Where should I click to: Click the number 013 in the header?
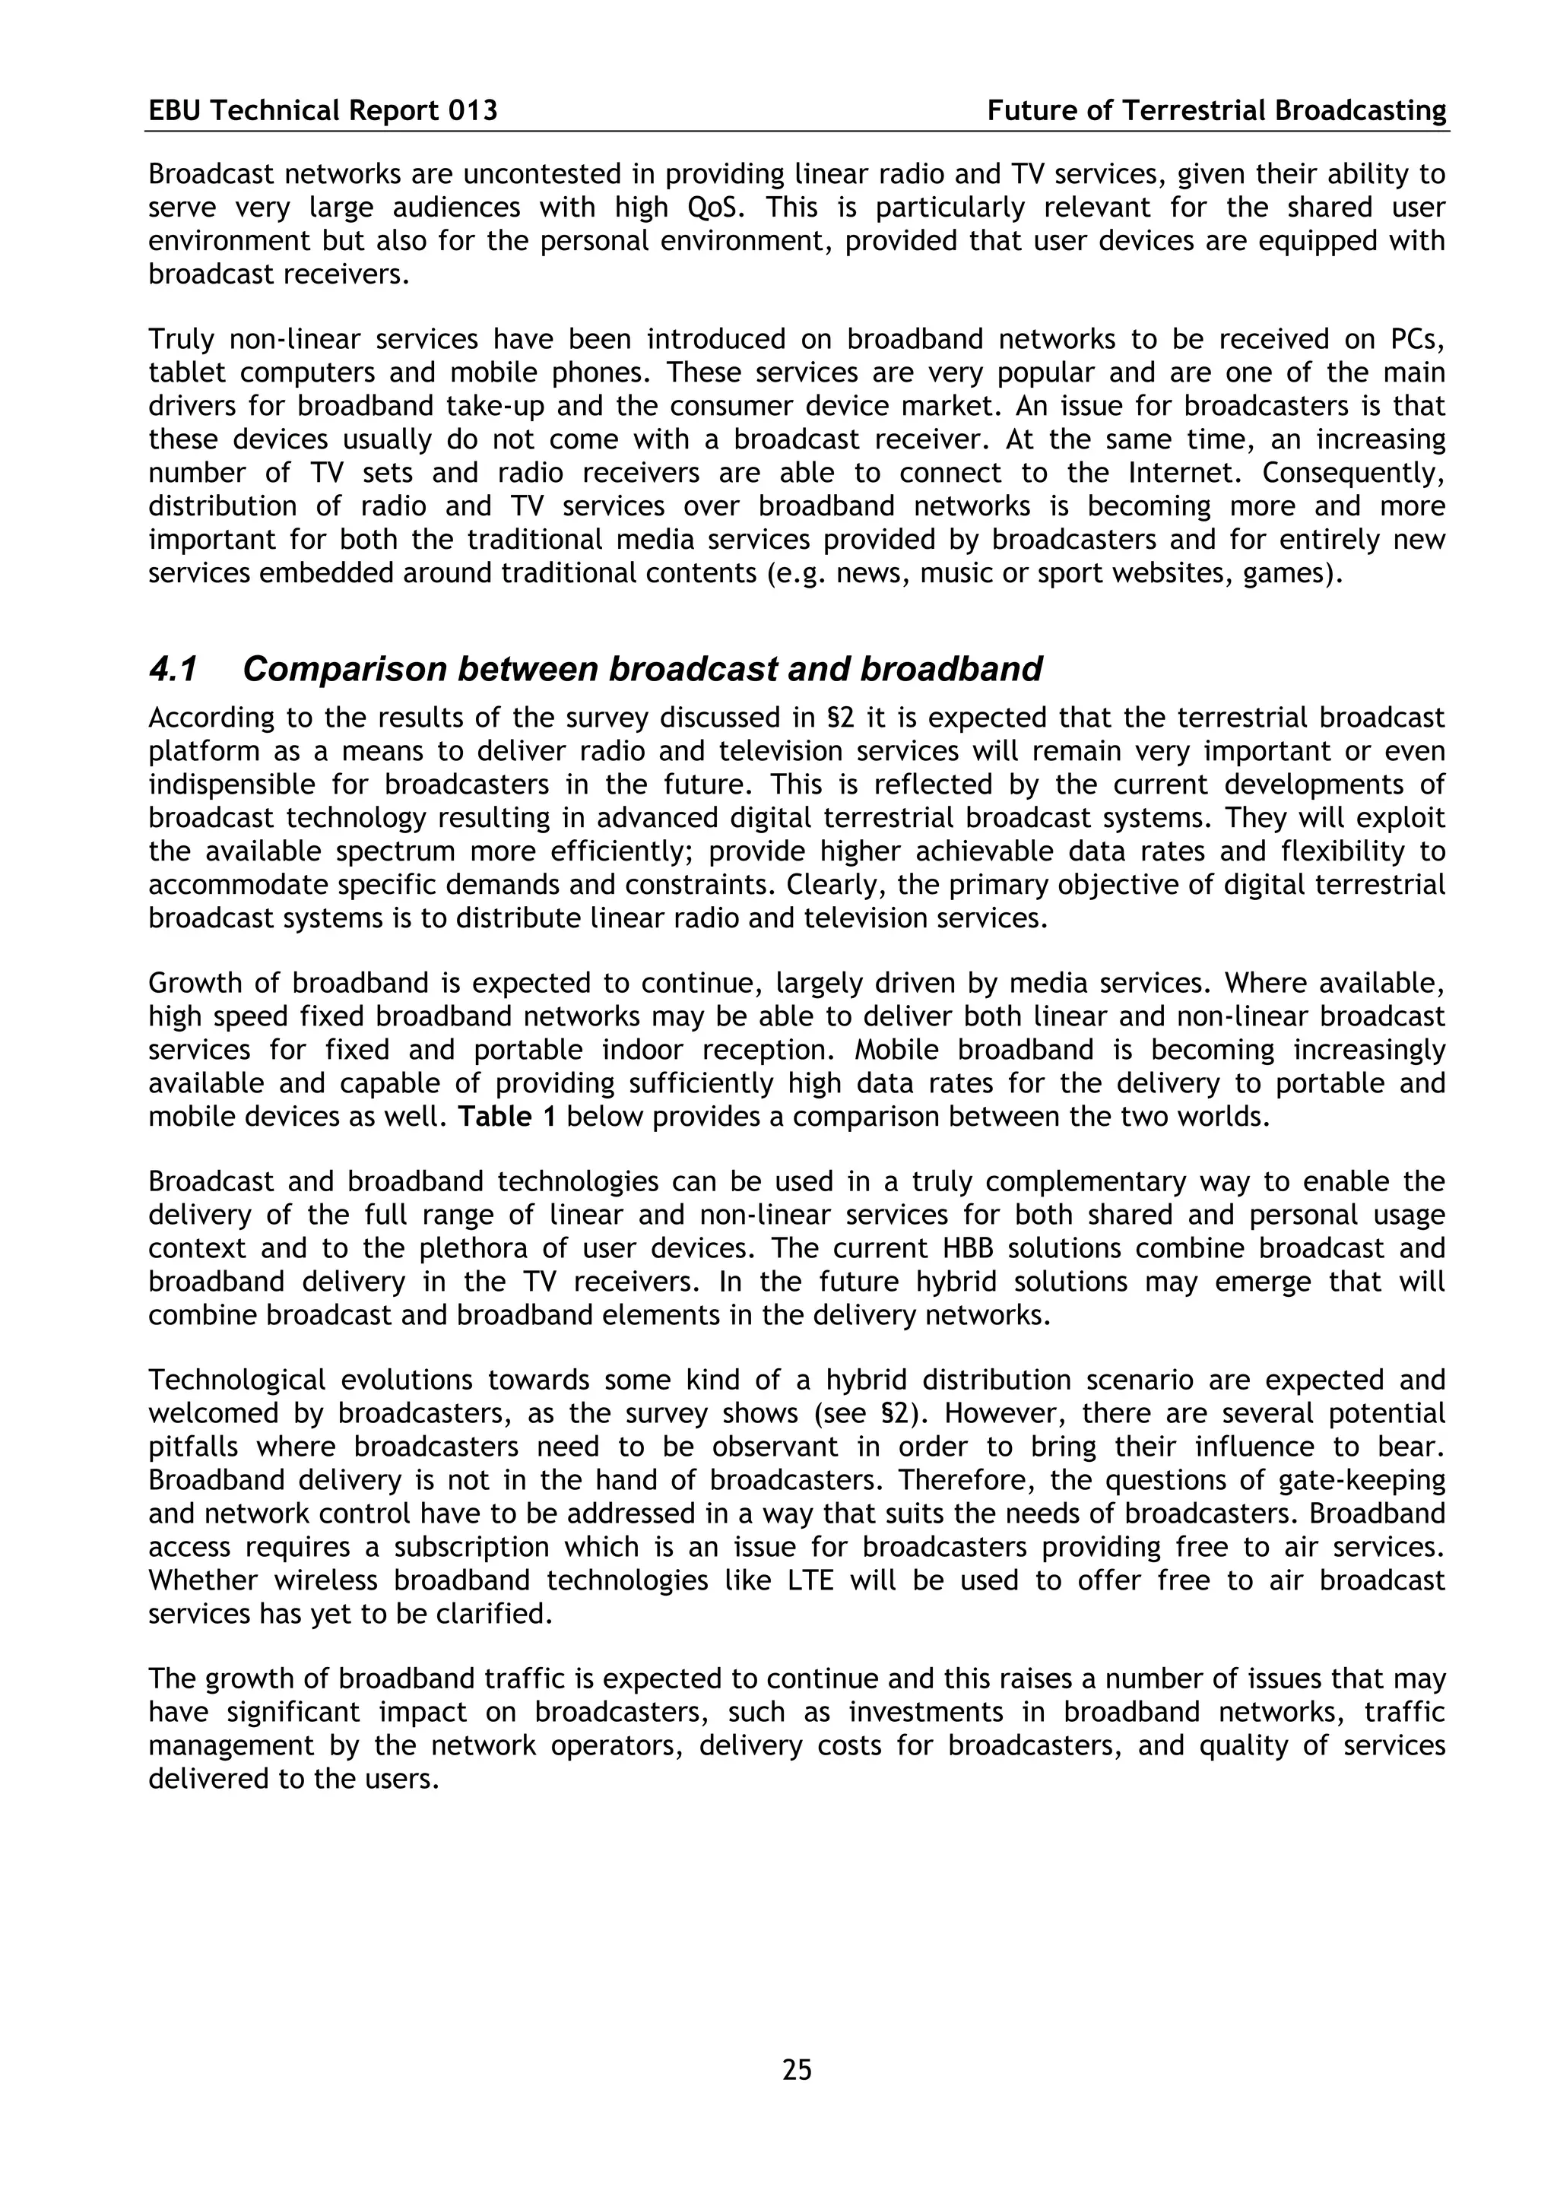[473, 111]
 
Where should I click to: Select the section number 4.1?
[173, 669]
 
